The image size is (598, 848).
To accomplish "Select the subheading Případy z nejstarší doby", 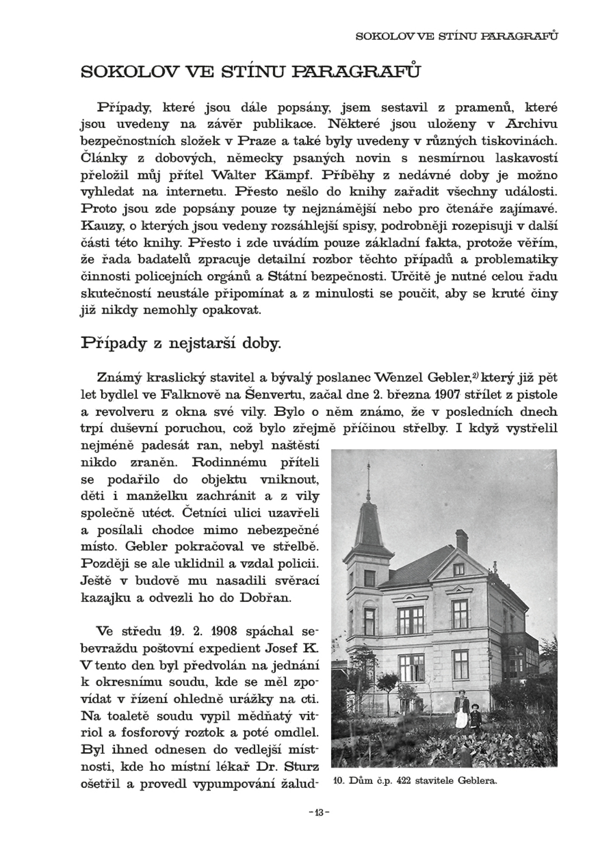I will click(x=181, y=343).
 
